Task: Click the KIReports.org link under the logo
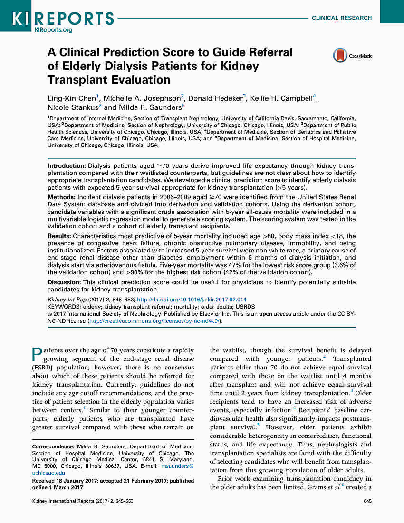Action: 53,29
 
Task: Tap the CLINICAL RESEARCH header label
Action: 341,18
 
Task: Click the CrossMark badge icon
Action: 339,56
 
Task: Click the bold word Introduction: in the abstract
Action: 66,165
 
